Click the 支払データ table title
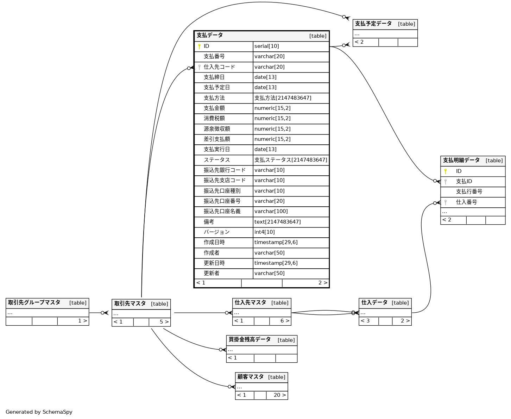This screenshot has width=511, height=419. (x=210, y=35)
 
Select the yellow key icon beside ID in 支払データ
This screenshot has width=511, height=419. (x=199, y=46)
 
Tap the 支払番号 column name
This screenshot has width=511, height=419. (x=214, y=56)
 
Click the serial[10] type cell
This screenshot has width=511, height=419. (x=267, y=46)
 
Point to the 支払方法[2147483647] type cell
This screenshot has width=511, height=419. (x=283, y=98)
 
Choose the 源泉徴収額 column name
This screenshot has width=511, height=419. (x=217, y=129)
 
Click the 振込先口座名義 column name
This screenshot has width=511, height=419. (x=222, y=211)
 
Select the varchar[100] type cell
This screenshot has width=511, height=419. (x=271, y=211)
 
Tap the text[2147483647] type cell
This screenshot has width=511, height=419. (x=278, y=222)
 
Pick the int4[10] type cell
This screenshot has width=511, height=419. (x=265, y=232)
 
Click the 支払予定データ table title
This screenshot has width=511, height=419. (x=373, y=24)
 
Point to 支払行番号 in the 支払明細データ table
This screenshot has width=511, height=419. (x=469, y=192)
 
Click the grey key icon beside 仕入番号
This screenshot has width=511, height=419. (x=446, y=202)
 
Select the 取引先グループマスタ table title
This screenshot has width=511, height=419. (x=34, y=302)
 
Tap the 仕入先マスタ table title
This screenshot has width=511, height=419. (x=250, y=302)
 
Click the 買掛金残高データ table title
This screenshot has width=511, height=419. (x=250, y=339)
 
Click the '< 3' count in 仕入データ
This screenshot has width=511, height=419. (x=365, y=321)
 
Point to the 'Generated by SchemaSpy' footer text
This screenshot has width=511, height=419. (x=39, y=412)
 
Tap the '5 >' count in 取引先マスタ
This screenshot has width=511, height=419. (x=164, y=322)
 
